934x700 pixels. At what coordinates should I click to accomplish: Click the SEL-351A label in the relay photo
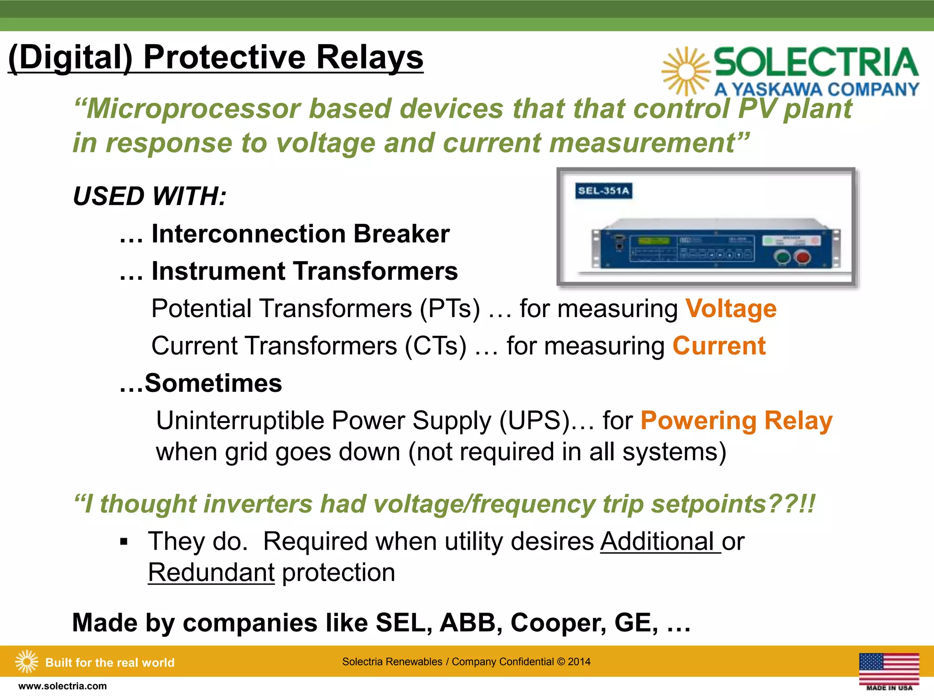pyautogui.click(x=603, y=190)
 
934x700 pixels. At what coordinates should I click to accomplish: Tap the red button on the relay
pyautogui.click(x=803, y=258)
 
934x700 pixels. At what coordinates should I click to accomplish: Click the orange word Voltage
pyautogui.click(x=731, y=309)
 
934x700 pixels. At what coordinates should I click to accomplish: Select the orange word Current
pyautogui.click(x=719, y=346)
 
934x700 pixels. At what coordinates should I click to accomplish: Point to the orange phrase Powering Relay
pyautogui.click(x=737, y=420)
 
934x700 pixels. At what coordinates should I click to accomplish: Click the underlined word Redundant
pyautogui.click(x=211, y=572)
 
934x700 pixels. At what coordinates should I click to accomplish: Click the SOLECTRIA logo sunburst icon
pyautogui.click(x=686, y=72)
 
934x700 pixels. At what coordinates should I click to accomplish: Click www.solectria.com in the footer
pyautogui.click(x=62, y=686)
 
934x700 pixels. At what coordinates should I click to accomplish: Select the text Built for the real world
pyautogui.click(x=110, y=662)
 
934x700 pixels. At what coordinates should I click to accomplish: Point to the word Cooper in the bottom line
pyautogui.click(x=558, y=623)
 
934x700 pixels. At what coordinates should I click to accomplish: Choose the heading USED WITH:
pyautogui.click(x=150, y=196)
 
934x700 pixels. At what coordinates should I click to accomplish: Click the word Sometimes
pyautogui.click(x=213, y=383)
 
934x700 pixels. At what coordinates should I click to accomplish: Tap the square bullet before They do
pyautogui.click(x=124, y=542)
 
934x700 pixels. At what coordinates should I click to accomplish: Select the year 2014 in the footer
pyautogui.click(x=579, y=662)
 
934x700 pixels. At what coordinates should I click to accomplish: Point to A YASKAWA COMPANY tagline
pyautogui.click(x=816, y=89)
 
